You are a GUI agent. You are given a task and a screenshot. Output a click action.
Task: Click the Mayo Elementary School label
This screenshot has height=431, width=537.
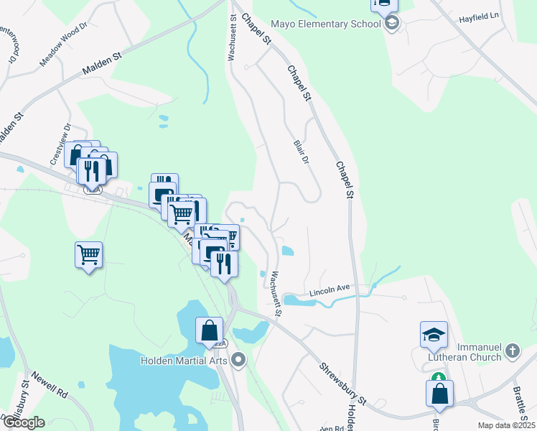pos(325,24)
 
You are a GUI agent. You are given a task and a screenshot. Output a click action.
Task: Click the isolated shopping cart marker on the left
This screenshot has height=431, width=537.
pos(88,254)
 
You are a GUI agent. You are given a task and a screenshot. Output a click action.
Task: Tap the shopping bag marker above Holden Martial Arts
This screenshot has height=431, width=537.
pos(209,330)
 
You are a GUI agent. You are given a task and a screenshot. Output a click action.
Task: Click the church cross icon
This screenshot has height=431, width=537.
pos(512,351)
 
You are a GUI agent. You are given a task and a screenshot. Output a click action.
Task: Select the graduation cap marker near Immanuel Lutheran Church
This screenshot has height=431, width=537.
pos(434,333)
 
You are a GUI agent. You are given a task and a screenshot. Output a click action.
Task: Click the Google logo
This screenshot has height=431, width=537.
pos(23,422)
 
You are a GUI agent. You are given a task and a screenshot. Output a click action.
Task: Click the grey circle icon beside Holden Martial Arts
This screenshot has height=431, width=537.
pos(239,360)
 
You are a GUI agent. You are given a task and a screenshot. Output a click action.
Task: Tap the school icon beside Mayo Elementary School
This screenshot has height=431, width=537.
pos(391,24)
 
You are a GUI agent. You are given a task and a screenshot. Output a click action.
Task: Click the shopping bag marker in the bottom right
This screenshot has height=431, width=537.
pos(439,394)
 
